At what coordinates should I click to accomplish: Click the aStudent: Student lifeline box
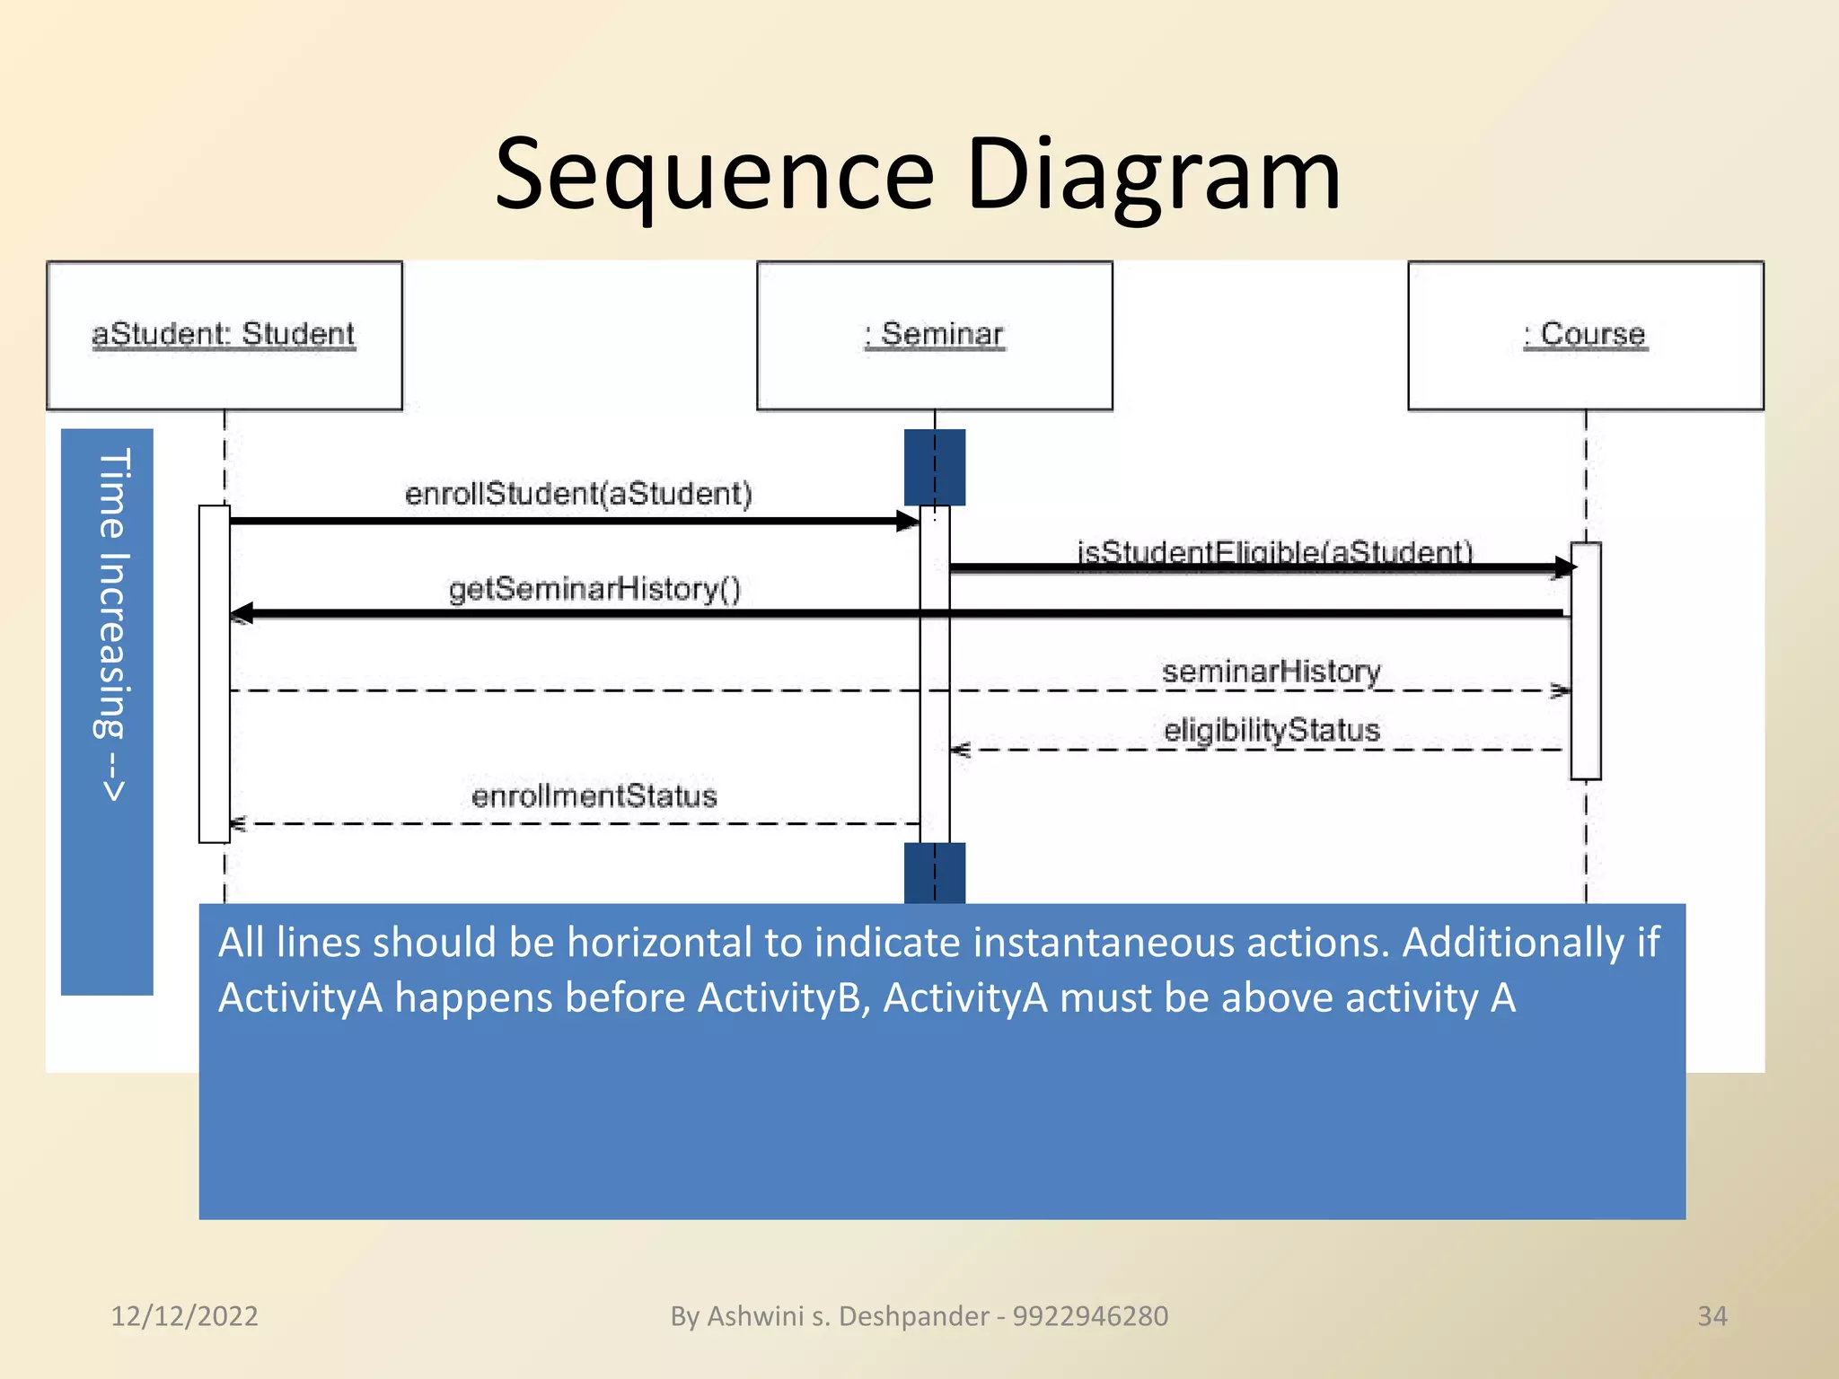[224, 335]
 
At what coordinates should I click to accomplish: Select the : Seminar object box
[934, 335]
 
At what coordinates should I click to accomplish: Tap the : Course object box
[1585, 335]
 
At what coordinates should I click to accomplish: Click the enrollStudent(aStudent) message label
[578, 494]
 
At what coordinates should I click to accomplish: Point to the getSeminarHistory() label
[594, 589]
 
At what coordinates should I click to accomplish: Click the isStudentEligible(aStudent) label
[1274, 550]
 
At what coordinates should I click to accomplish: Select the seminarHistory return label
[1271, 672]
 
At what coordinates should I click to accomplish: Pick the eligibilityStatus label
[1271, 730]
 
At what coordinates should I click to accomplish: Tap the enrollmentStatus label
[594, 796]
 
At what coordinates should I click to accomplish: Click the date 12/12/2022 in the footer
[184, 1316]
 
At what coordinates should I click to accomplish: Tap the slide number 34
[1711, 1316]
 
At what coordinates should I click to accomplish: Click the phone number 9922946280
[1090, 1316]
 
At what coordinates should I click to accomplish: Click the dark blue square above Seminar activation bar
[934, 467]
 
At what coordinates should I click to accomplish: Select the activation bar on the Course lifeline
[1585, 661]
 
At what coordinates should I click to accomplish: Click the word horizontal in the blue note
[660, 943]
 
